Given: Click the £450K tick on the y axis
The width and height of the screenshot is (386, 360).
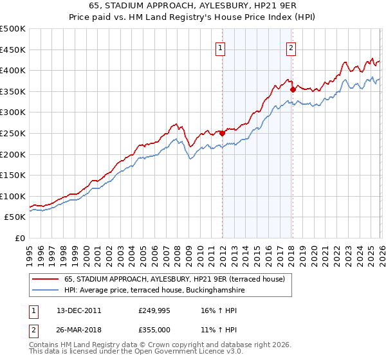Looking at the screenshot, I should (x=14, y=50).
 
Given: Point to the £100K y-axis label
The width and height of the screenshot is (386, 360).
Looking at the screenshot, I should (x=14, y=196).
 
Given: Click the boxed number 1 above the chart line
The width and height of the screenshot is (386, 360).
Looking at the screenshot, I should (x=221, y=47).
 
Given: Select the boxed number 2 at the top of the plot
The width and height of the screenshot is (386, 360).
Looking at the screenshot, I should (x=291, y=47).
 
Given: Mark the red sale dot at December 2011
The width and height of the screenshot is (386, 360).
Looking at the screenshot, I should (x=222, y=134).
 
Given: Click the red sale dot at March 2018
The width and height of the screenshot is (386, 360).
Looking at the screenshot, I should (x=293, y=89).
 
